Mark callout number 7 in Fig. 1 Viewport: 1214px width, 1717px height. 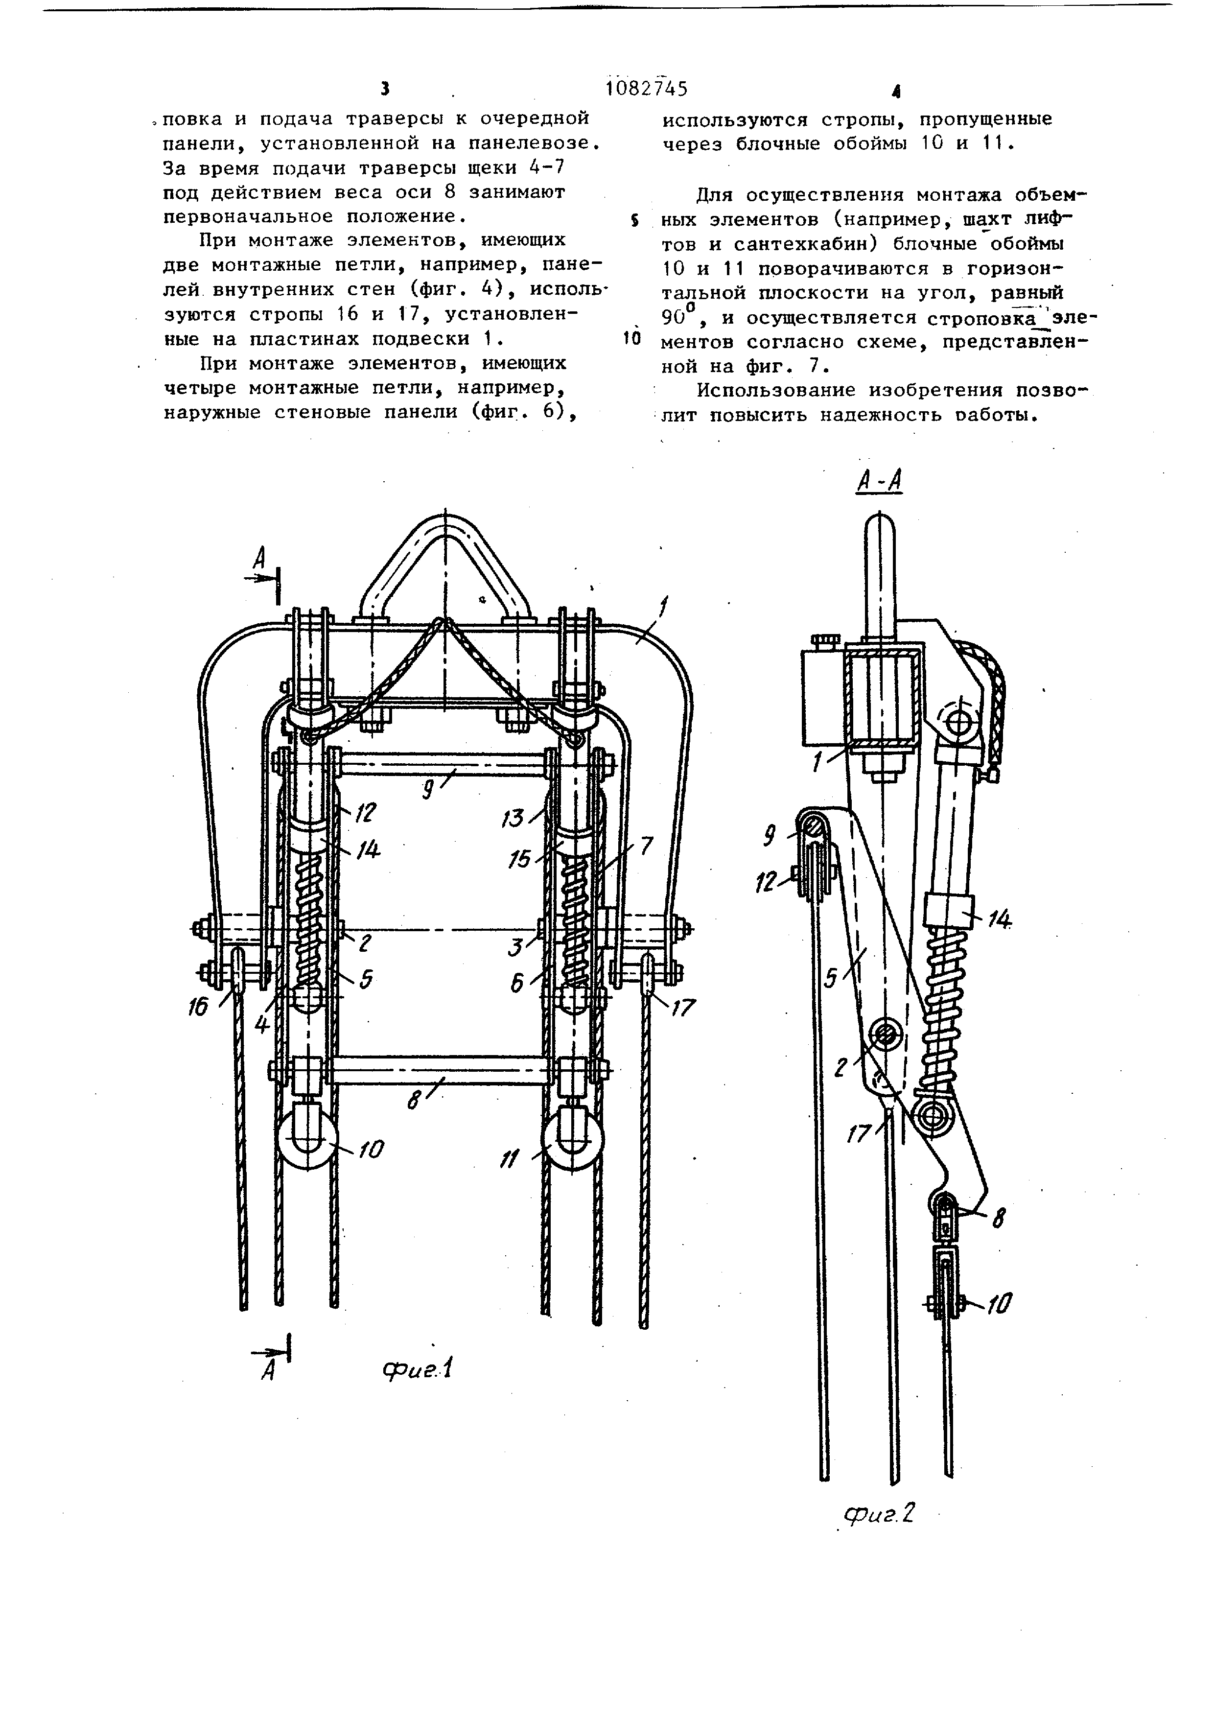pos(646,846)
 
